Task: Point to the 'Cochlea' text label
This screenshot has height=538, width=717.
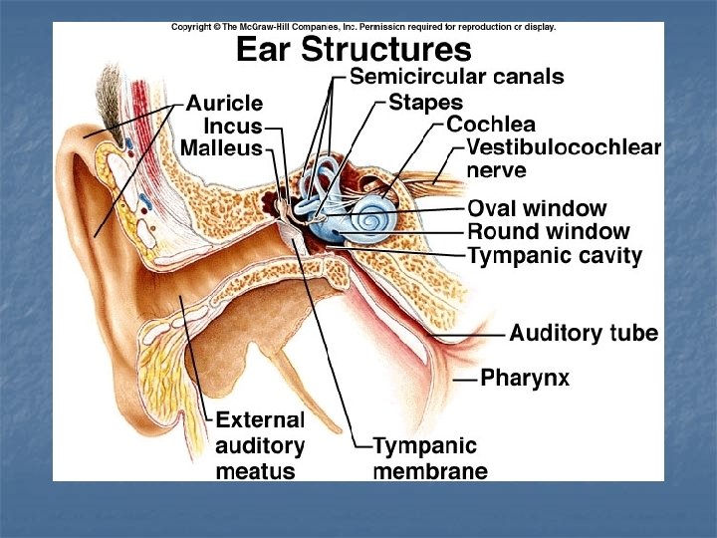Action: tap(491, 125)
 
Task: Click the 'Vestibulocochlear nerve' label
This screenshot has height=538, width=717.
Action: tap(564, 158)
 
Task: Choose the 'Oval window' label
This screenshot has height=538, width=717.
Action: tap(537, 208)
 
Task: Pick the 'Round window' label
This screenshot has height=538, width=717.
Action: tap(548, 231)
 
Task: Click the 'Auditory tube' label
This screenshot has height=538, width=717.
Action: tap(584, 333)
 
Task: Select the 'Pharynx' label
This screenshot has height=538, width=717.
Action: tap(525, 378)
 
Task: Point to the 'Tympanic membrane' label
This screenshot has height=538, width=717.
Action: tap(429, 458)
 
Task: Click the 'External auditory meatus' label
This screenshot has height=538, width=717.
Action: tap(260, 444)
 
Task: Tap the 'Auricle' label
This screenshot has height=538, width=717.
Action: tap(225, 103)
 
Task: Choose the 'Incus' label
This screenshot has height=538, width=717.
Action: tap(233, 127)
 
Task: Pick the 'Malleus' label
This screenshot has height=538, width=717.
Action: tap(221, 148)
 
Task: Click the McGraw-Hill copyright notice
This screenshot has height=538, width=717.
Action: tap(363, 27)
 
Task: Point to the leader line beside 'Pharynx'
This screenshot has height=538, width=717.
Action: tap(465, 379)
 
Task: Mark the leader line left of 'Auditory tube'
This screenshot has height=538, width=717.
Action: tap(493, 334)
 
